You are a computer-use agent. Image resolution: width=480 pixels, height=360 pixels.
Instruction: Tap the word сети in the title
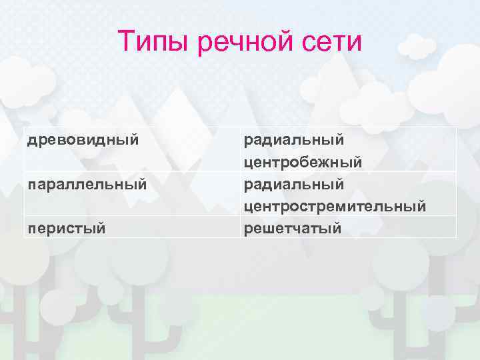click(x=335, y=43)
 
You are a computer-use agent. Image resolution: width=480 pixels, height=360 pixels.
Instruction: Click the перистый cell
click(x=66, y=228)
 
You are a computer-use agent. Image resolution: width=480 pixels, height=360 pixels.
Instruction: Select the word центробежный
click(x=303, y=162)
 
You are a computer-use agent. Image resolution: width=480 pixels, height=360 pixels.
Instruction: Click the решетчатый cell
click(x=293, y=228)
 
